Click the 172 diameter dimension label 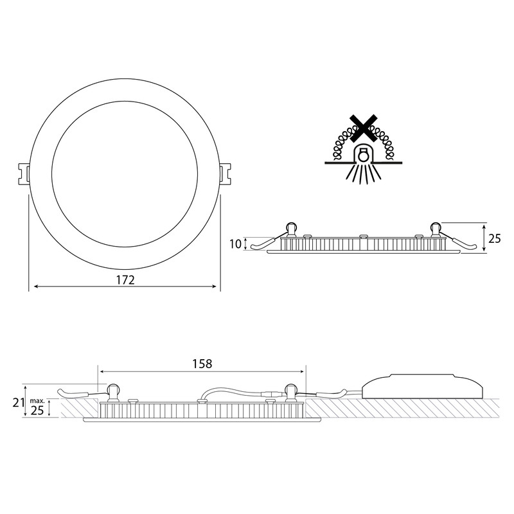(x=125, y=279)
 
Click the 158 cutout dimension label (x=202, y=364)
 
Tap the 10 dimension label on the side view (x=235, y=244)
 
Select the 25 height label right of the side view (x=494, y=238)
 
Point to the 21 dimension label (x=19, y=402)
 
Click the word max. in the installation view (x=37, y=400)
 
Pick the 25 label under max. (x=37, y=410)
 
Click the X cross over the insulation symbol (x=363, y=128)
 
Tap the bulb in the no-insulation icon (x=363, y=155)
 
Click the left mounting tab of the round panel (x=24, y=173)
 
